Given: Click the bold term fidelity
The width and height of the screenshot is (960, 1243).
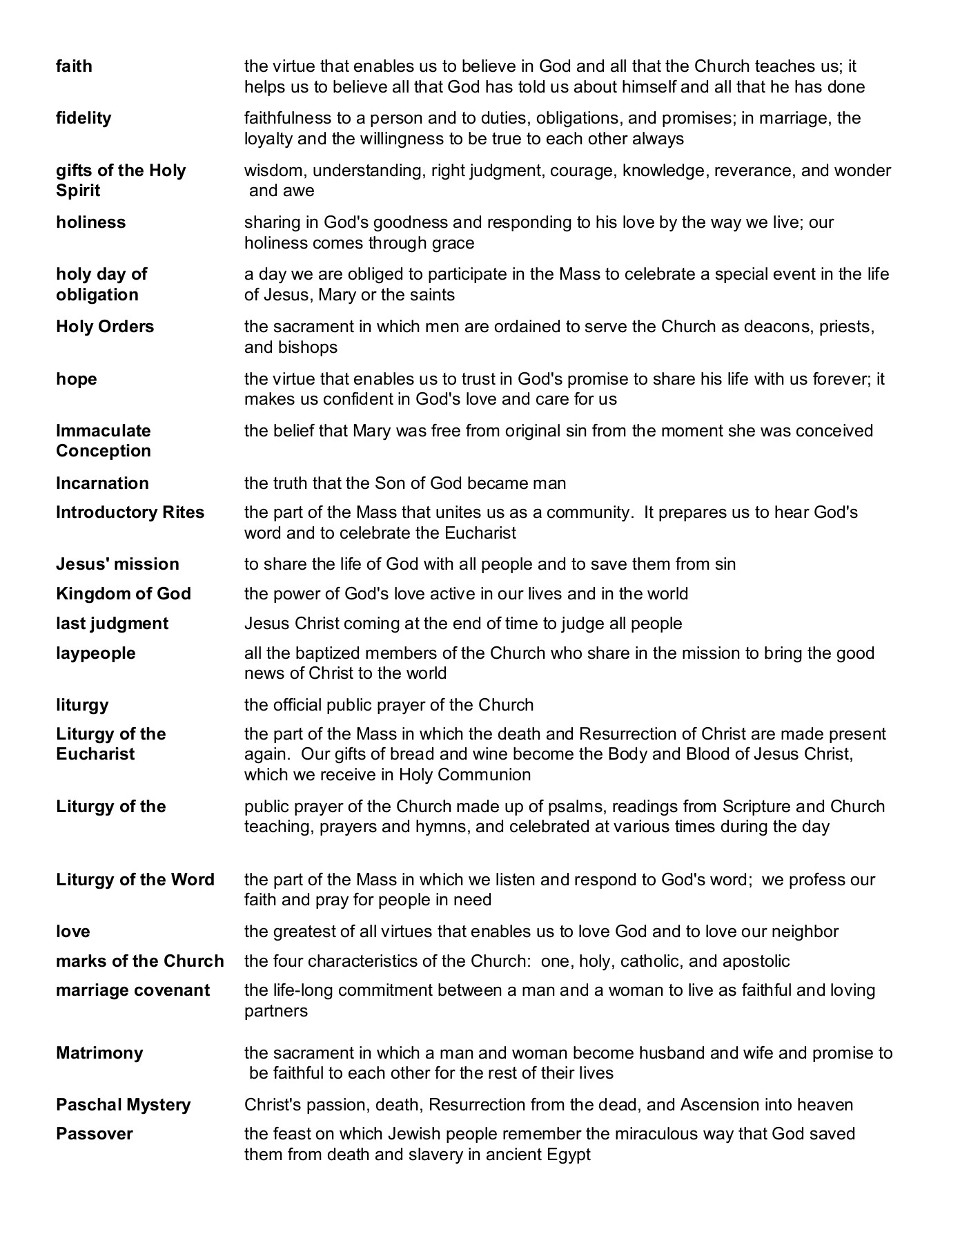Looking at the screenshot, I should [84, 118].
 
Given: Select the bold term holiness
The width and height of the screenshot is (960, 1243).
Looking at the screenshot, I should [91, 222].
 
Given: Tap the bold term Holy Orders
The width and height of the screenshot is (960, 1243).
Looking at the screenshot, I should [105, 327].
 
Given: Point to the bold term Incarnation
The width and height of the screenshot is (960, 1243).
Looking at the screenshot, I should [102, 483].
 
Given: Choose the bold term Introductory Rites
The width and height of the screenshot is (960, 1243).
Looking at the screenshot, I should [130, 512].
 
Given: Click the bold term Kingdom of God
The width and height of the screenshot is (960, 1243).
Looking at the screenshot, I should [124, 594].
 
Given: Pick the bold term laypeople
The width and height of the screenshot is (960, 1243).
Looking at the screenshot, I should [96, 653].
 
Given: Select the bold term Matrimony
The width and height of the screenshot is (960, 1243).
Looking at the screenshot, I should [99, 1053].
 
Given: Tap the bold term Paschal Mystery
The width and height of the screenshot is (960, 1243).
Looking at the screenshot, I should [124, 1105].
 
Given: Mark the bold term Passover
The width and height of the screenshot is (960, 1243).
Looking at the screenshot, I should [95, 1134].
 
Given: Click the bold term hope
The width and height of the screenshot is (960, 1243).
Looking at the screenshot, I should [77, 379].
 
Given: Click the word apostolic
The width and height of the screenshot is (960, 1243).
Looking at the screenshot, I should [756, 961].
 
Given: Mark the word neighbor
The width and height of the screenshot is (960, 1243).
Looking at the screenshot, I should [805, 932].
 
